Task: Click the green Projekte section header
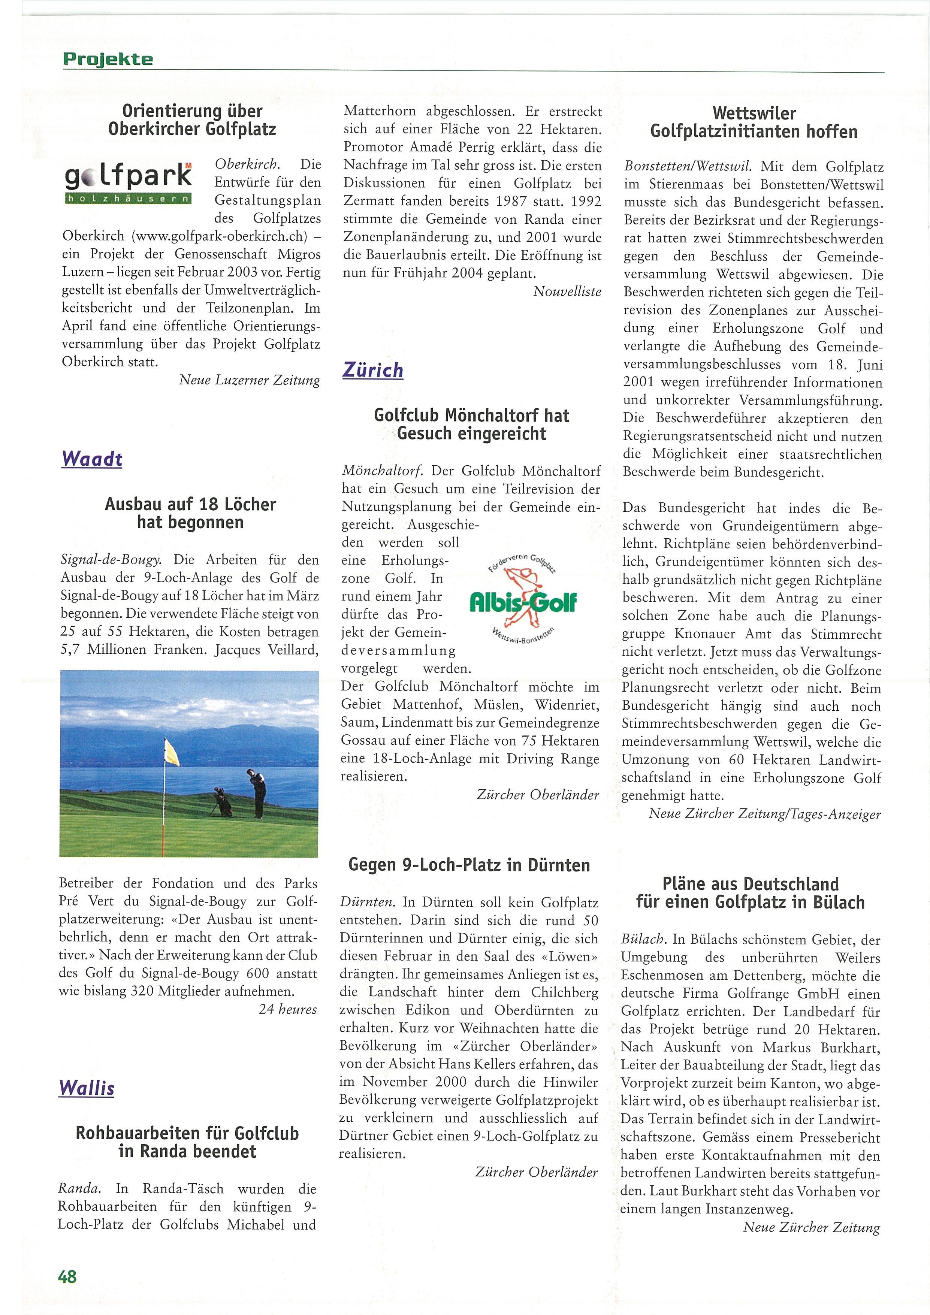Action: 108,59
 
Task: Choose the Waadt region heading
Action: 92,459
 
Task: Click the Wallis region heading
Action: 87,1088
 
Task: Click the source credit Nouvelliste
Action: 567,291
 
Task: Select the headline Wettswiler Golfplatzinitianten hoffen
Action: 754,123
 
